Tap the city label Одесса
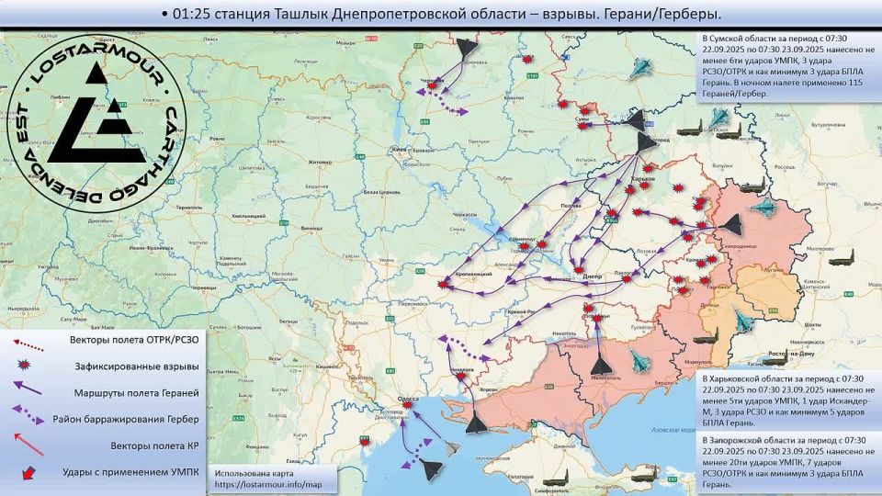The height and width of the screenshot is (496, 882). click(x=409, y=398)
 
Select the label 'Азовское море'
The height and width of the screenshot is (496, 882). click(x=673, y=430)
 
